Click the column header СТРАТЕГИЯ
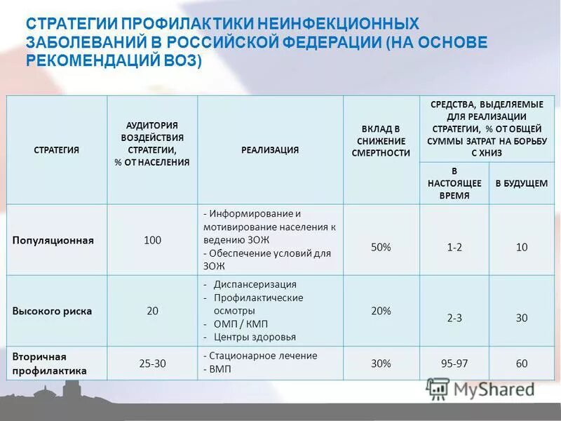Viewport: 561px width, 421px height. tap(57, 150)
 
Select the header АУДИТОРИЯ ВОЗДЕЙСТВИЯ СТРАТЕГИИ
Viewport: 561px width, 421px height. tap(152, 143)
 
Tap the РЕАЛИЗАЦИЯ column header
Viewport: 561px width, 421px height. tap(270, 150)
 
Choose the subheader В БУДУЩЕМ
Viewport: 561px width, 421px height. tap(521, 183)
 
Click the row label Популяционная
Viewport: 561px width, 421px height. tap(53, 240)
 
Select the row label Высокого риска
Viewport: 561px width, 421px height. tap(52, 311)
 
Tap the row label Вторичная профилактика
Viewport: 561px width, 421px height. tap(49, 363)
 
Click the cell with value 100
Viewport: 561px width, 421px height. tap(152, 240)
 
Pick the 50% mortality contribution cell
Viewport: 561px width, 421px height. tap(381, 246)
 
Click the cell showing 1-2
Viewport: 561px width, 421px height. tap(454, 246)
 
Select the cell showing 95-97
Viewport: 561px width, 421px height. tap(454, 363)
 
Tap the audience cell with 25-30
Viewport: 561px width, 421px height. tap(152, 363)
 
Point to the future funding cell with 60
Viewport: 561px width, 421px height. tap(521, 363)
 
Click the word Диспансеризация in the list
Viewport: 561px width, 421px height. tap(255, 284)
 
